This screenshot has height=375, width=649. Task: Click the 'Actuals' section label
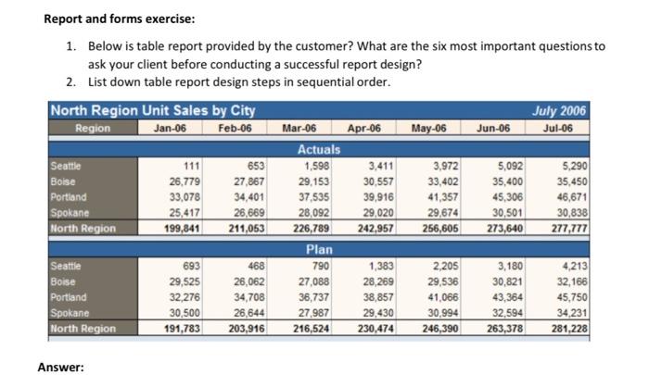pos(319,148)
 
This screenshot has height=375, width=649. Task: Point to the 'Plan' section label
pos(319,249)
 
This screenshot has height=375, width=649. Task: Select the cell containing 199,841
pos(185,227)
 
